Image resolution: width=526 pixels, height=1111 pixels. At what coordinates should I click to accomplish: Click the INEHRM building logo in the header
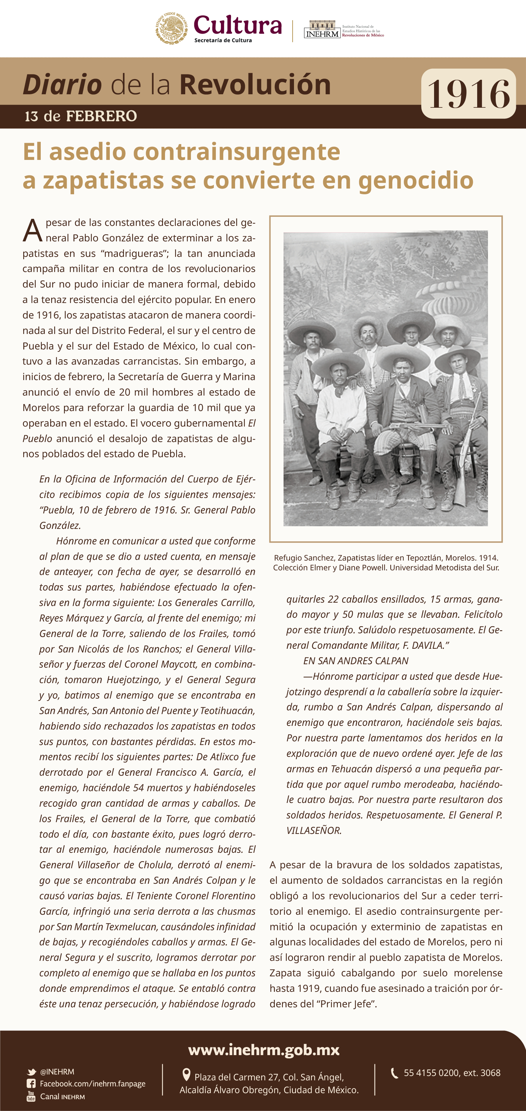click(322, 29)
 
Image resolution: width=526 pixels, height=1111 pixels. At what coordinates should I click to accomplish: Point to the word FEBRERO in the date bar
click(101, 116)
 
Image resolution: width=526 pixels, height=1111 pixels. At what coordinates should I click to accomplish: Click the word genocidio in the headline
click(416, 180)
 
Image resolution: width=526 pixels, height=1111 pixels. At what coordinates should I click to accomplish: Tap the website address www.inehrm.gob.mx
click(264, 1049)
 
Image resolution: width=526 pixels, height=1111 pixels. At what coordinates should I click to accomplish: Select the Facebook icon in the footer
click(31, 1083)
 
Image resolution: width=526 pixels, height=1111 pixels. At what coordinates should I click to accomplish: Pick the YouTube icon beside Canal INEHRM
click(31, 1096)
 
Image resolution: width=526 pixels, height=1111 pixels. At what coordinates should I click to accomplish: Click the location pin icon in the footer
click(187, 1074)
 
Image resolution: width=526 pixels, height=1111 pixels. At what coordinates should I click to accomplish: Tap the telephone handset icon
click(394, 1073)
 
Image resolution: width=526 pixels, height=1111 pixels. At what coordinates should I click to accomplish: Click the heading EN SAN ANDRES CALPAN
click(356, 661)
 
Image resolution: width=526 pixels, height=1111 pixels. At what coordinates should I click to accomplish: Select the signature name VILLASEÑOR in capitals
click(314, 830)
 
